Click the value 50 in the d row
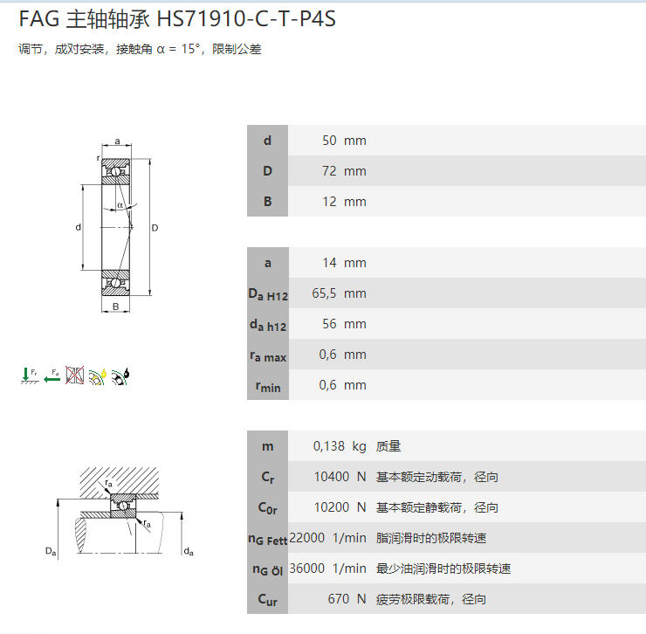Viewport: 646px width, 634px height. pos(329,141)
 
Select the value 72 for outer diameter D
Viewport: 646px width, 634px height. pos(329,171)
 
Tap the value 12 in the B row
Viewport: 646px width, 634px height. pos(329,202)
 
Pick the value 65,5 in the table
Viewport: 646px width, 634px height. pos(325,293)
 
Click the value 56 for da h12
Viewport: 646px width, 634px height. pos(329,324)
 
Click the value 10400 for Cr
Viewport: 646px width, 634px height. pos(330,477)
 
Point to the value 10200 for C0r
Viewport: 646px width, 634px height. pos(330,507)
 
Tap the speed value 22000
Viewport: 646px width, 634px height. pos(307,538)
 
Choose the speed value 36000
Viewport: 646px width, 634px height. pos(307,569)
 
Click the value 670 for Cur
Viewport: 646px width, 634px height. pos(338,599)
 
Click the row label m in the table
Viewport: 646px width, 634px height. pos(267,446)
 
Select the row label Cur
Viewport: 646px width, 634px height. pos(267,600)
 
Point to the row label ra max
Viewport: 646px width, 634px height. pos(267,355)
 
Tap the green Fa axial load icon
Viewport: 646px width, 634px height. pos(52,376)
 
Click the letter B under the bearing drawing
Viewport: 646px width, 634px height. pos(115,307)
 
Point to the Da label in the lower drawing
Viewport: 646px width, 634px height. pos(51,550)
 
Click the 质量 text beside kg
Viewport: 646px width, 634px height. pos(388,446)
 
